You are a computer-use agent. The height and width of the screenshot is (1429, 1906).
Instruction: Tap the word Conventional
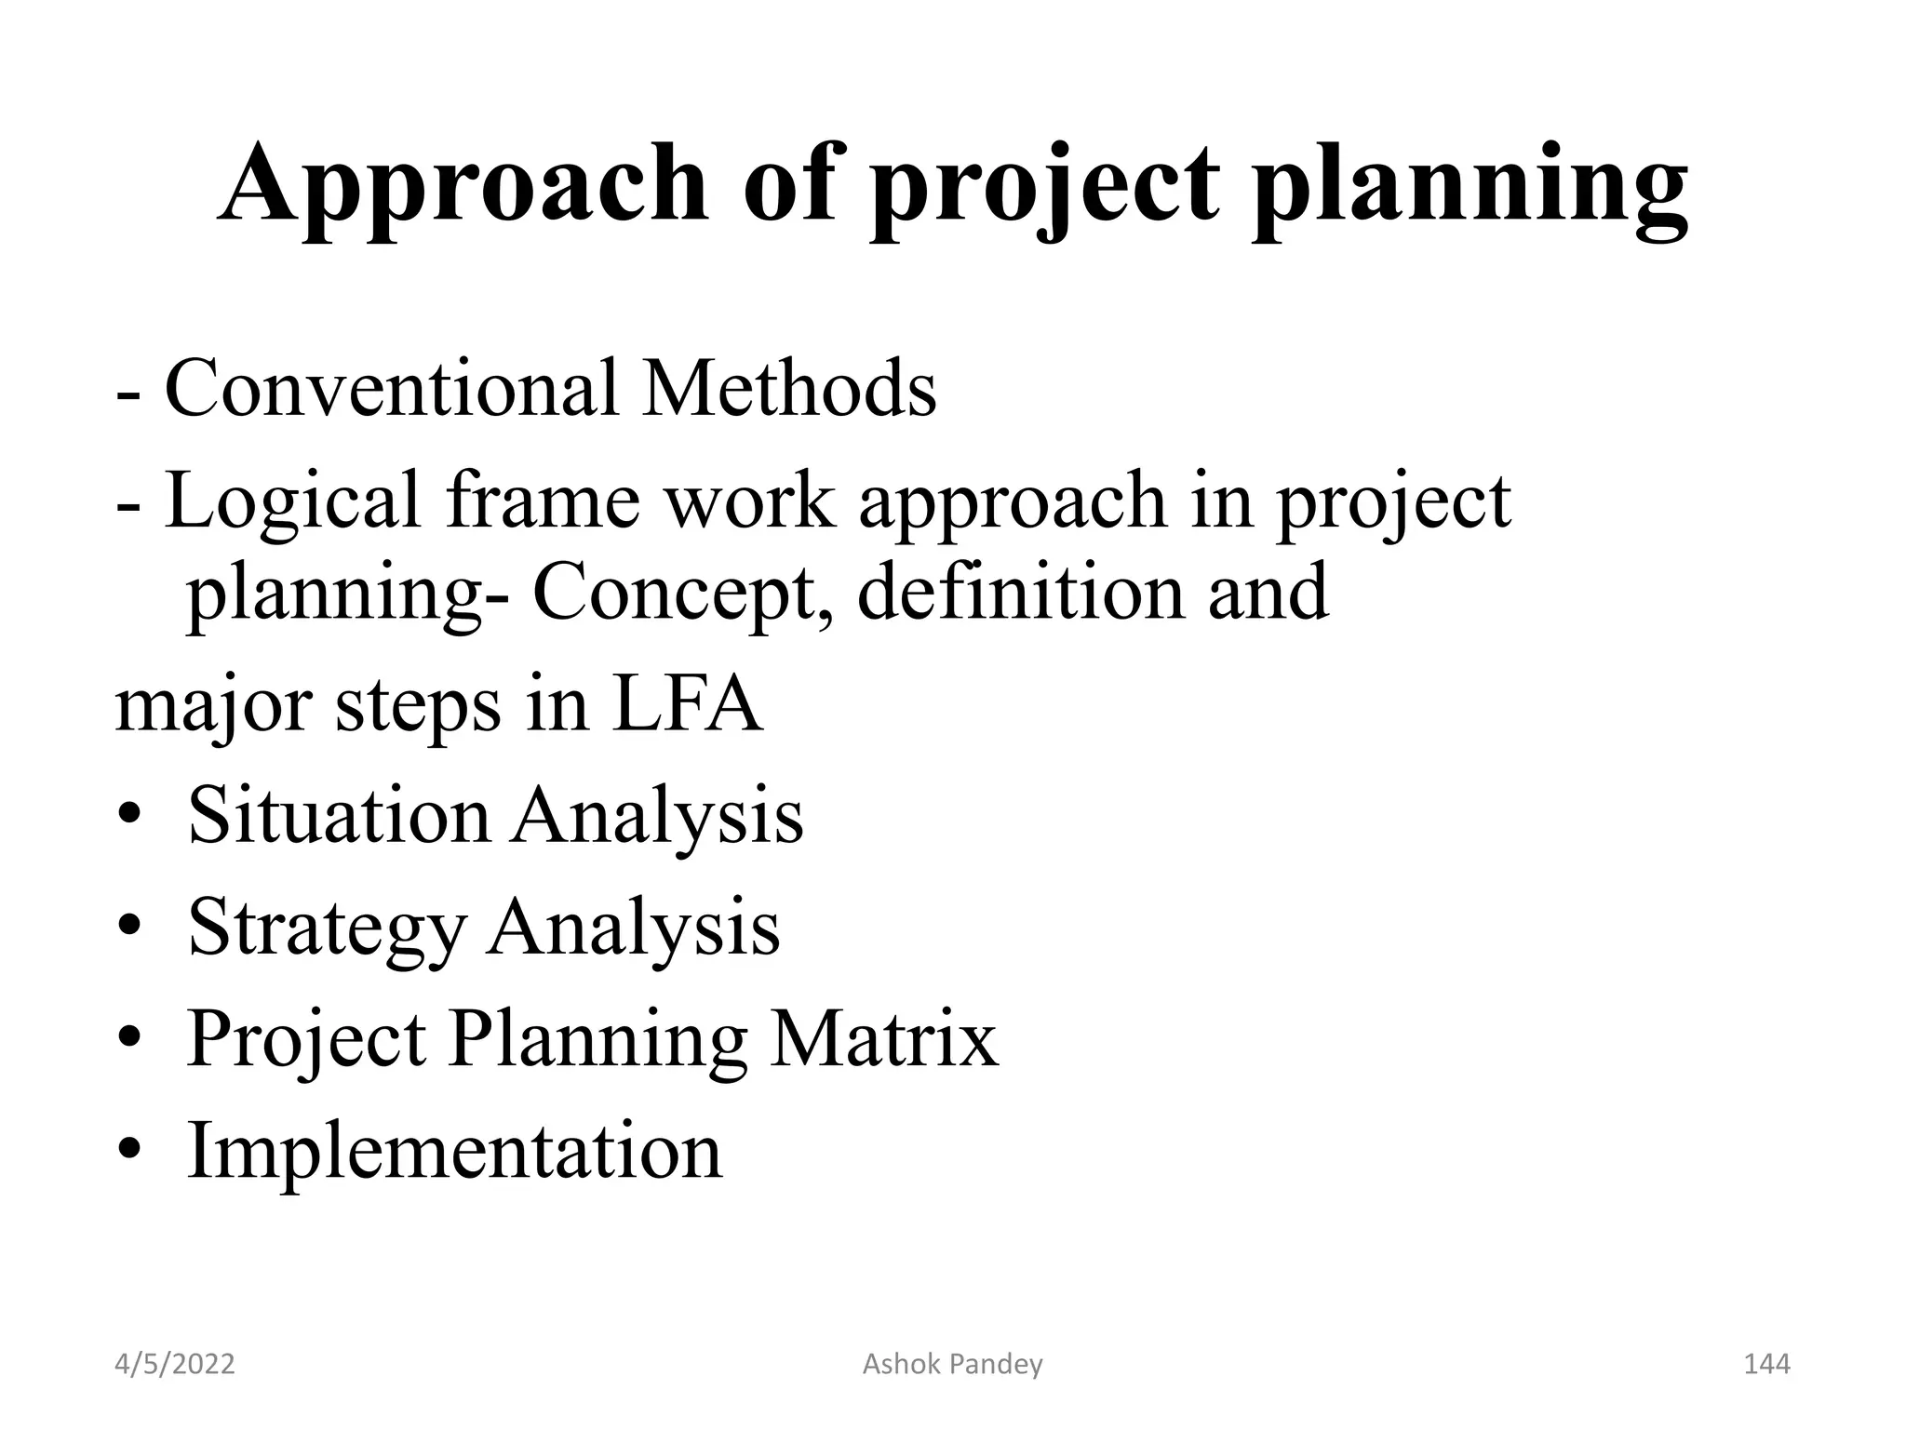391,388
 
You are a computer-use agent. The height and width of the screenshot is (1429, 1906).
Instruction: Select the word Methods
789,388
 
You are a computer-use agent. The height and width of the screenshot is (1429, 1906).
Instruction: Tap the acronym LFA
688,704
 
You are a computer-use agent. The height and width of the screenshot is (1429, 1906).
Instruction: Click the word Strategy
326,928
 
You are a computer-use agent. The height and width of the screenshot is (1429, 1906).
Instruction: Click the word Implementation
454,1151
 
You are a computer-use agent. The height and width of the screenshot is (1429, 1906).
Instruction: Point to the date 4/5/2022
175,1364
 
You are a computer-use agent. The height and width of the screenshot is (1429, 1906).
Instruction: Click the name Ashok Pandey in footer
952,1364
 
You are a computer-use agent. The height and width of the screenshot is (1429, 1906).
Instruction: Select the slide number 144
1765,1364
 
